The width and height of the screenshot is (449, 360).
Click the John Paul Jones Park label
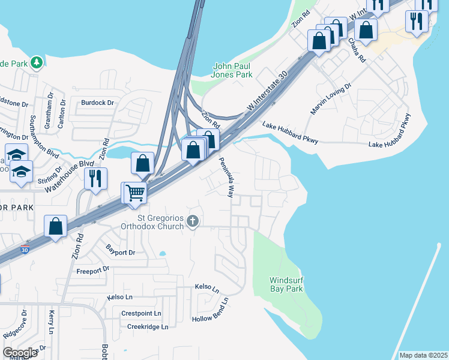233,71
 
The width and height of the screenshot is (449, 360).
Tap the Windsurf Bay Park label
286,284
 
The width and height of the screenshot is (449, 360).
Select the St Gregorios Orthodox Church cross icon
193,221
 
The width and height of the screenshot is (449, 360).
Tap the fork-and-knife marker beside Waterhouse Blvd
95,179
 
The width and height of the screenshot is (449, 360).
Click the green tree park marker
37,62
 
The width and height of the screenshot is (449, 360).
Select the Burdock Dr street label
97,103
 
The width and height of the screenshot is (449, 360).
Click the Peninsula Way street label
226,177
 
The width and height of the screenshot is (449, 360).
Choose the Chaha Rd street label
357,50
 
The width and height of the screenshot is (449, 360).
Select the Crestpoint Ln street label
141,313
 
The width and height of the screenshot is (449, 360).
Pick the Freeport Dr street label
92,270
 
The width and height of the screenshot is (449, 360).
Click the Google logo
20,353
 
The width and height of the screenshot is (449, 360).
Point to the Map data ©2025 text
423,355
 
